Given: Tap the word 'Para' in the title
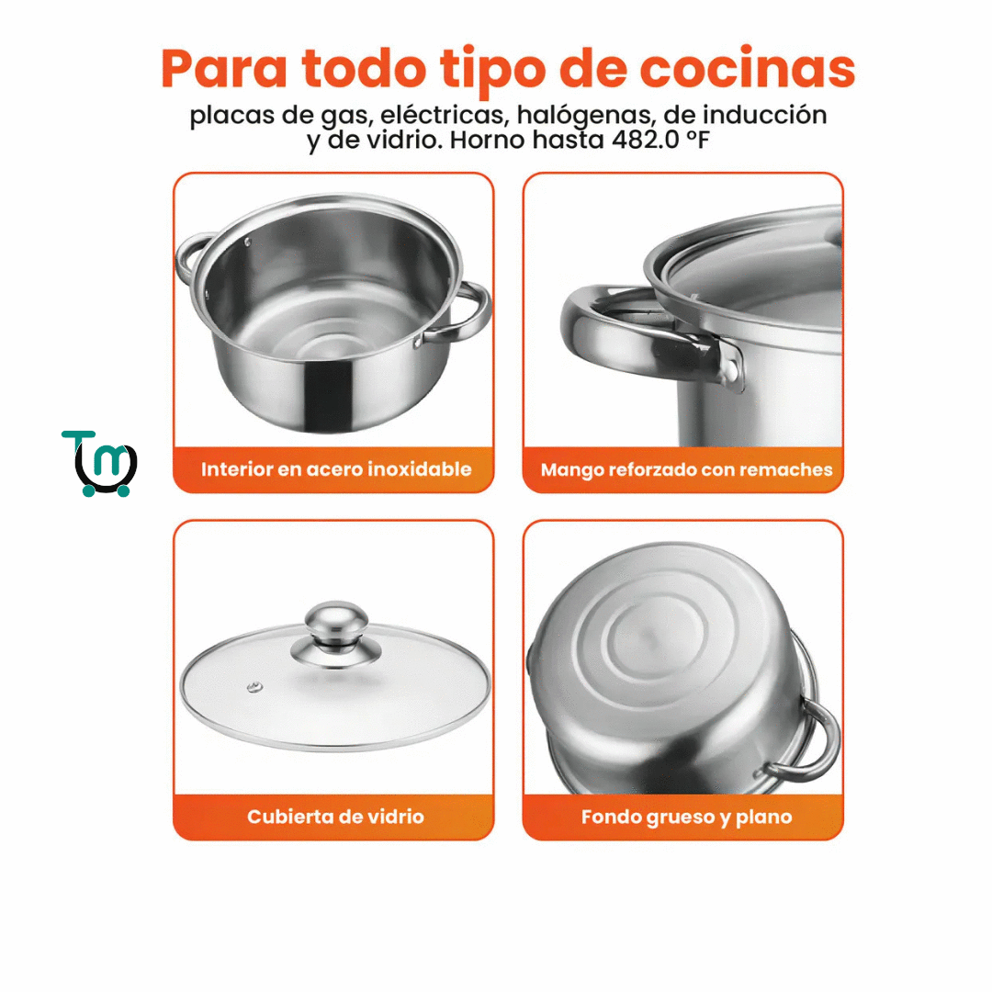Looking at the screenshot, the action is tap(225, 68).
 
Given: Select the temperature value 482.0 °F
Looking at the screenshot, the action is tap(660, 140).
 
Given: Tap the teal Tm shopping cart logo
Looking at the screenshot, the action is tap(99, 463).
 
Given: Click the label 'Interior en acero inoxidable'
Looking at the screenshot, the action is tap(336, 468).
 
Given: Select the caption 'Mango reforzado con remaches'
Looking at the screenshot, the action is tap(686, 469).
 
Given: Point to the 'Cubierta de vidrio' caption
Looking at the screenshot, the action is tap(335, 817).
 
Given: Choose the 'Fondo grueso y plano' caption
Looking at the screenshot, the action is tap(686, 817).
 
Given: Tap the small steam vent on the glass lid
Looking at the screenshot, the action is tap(255, 686).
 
